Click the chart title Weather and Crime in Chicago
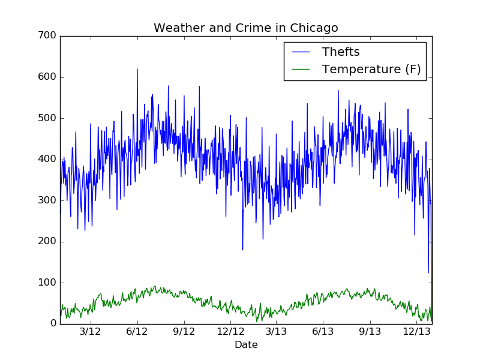[246, 28]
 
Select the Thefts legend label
[341, 52]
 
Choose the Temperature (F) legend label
[371, 70]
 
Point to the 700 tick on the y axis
[50, 36]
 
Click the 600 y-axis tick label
[50, 77]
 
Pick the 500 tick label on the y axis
[50, 118]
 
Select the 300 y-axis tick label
[50, 200]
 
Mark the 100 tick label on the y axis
[50, 283]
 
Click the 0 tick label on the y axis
[53, 324]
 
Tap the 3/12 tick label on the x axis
[91, 331]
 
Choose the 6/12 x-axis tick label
[137, 331]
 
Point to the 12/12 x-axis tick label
[231, 331]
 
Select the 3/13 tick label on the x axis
[277, 331]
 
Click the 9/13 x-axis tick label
[370, 331]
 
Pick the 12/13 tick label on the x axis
[416, 331]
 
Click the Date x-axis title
[246, 345]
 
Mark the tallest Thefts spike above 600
[137, 70]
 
